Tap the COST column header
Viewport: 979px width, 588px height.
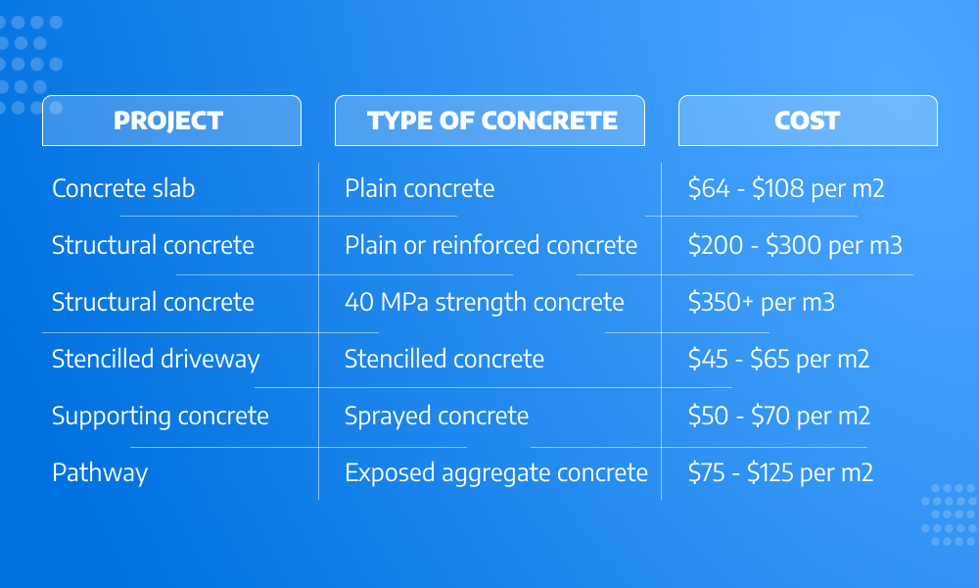[x=808, y=121]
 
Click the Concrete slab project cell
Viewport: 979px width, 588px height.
[x=123, y=188]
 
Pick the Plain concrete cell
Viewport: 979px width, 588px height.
[x=420, y=188]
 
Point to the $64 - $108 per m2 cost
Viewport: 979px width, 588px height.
[x=786, y=188]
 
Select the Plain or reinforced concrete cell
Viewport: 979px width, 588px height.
[x=490, y=245]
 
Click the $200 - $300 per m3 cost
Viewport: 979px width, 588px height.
[x=795, y=245]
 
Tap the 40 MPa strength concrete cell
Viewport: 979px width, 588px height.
[x=485, y=303]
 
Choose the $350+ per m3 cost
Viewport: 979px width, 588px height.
[x=761, y=303]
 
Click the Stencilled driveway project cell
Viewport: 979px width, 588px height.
[x=156, y=360]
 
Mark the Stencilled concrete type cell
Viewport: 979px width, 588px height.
[x=444, y=359]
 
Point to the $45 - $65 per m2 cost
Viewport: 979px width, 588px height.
[x=778, y=359]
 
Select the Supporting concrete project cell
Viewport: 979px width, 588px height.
[x=161, y=416]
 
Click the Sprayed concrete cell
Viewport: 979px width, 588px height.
[x=437, y=416]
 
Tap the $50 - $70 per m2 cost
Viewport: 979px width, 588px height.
[x=779, y=416]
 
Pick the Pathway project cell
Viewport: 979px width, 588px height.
[x=100, y=473]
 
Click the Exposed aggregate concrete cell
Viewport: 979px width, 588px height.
[x=496, y=473]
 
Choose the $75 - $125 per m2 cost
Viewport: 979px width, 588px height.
[x=780, y=472]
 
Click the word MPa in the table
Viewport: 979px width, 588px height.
[x=404, y=303]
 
